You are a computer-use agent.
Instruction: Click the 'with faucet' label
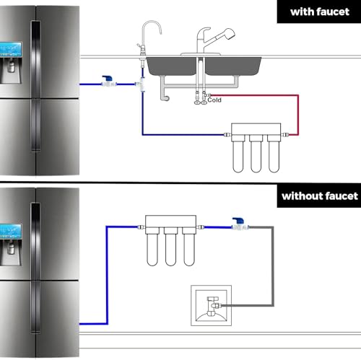[x=320, y=12]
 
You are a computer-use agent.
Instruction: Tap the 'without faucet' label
[x=320, y=196]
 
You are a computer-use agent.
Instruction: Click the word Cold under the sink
[x=214, y=100]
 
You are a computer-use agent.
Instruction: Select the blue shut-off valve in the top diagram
[x=108, y=81]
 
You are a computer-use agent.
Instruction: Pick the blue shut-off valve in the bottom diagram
[x=240, y=224]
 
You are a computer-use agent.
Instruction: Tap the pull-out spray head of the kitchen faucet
[x=228, y=34]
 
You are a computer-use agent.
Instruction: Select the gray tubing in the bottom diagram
[x=273, y=265]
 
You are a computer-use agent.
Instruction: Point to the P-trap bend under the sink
[x=165, y=97]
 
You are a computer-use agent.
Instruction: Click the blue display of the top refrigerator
[x=11, y=49]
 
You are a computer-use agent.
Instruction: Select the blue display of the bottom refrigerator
[x=11, y=232]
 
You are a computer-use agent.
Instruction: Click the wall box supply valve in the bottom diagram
[x=212, y=306]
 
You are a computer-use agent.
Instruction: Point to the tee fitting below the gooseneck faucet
[x=142, y=84]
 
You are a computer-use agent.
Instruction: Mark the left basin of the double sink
[x=172, y=66]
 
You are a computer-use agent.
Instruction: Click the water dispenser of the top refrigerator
[x=11, y=70]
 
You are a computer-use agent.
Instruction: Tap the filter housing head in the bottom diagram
[x=170, y=221]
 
